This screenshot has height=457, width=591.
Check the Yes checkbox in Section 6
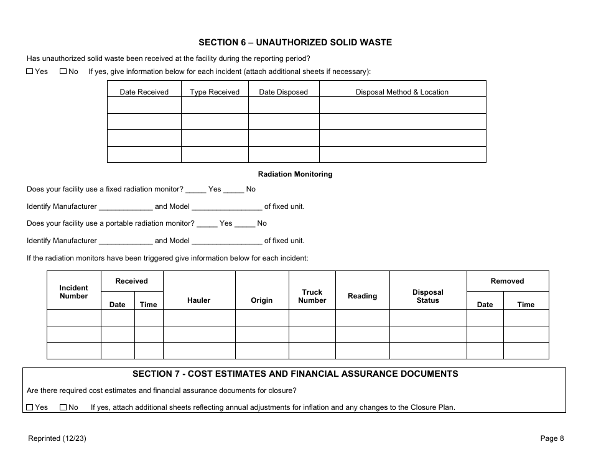click(x=29, y=72)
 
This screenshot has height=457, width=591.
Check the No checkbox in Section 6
click(x=63, y=72)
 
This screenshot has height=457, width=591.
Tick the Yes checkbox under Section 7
click(x=29, y=407)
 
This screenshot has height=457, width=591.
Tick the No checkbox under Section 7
click(x=63, y=407)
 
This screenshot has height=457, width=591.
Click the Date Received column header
click(x=144, y=92)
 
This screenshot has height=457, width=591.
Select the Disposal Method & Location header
click(x=402, y=92)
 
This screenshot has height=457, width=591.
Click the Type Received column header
click(x=215, y=92)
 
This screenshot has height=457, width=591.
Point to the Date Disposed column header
click(x=283, y=92)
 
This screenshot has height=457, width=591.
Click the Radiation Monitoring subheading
click(x=295, y=174)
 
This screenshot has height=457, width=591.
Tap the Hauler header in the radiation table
click(x=198, y=300)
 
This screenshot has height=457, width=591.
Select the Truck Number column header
click(x=312, y=296)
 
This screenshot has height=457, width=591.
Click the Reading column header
click(x=362, y=296)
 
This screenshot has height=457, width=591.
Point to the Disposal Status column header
click(x=428, y=296)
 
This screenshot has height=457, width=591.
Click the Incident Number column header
click(x=73, y=292)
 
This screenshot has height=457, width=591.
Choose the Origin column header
click(x=261, y=300)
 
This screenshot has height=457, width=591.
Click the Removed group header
click(x=507, y=281)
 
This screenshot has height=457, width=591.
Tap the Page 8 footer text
click(x=552, y=438)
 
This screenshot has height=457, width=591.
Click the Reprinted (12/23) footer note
click(x=57, y=438)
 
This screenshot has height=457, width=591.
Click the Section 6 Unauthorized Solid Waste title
click(x=295, y=42)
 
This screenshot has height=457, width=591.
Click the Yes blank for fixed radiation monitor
click(x=195, y=189)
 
